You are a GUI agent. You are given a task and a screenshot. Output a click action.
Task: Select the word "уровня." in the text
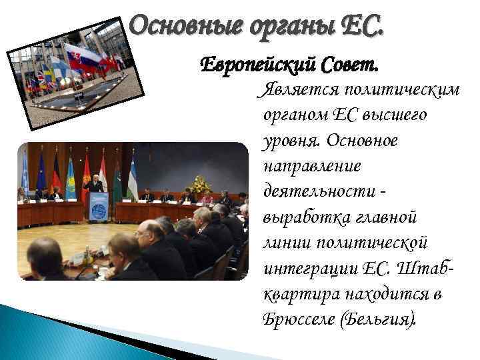(291, 141)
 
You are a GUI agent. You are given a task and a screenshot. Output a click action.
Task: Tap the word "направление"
(306, 166)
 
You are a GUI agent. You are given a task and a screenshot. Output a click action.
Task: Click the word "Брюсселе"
(298, 318)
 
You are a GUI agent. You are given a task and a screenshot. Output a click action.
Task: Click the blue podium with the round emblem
(98, 206)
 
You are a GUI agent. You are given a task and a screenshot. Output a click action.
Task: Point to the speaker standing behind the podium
(96, 184)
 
